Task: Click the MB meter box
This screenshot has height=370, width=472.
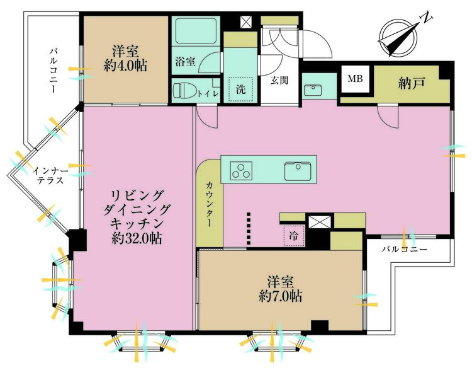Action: [355, 79]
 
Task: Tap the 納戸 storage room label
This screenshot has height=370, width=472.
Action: [412, 83]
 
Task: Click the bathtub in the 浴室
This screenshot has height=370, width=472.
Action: [196, 31]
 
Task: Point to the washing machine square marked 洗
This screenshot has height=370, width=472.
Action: [241, 90]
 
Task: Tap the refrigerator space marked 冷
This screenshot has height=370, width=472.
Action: [294, 236]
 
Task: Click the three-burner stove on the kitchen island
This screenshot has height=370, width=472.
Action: [241, 171]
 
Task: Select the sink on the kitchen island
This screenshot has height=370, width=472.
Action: [298, 171]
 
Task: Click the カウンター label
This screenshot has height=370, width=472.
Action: [209, 204]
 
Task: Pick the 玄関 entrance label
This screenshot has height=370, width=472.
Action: [279, 80]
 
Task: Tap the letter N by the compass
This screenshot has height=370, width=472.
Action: [426, 18]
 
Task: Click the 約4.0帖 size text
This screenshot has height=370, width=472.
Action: [125, 66]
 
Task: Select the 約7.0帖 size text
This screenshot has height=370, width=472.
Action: [280, 296]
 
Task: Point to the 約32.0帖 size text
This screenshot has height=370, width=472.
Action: [137, 238]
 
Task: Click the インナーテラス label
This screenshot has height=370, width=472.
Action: [50, 176]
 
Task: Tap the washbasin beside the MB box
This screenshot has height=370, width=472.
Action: [312, 90]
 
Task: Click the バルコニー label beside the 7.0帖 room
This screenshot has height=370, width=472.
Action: [404, 250]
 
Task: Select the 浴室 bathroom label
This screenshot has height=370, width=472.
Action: [186, 62]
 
